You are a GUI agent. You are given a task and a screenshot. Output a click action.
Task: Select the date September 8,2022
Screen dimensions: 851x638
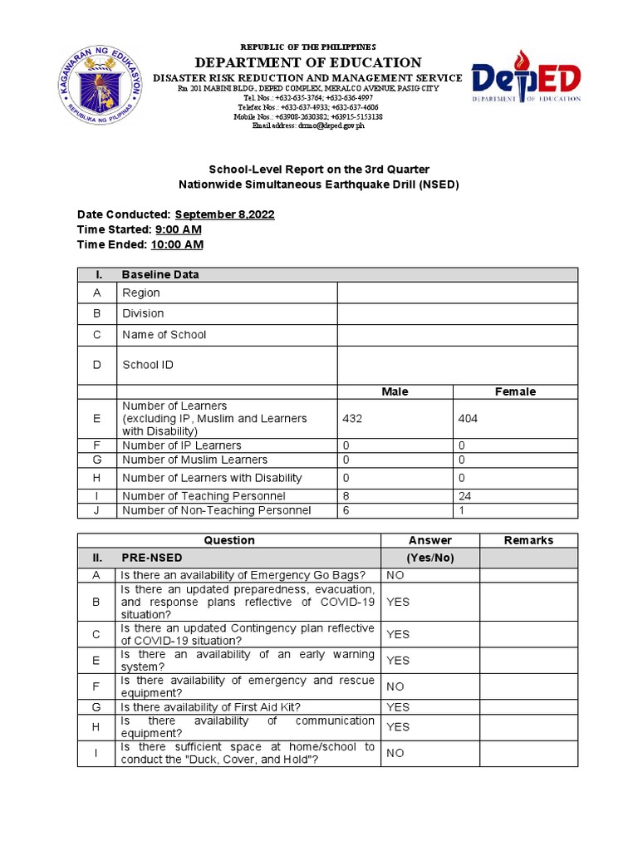pos(224,214)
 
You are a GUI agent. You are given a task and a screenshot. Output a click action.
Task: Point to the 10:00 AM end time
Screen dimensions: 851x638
pos(176,244)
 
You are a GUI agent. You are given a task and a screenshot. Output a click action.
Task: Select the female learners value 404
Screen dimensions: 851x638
pos(468,419)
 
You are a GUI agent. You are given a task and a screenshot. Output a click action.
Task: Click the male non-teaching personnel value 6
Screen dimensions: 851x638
pos(346,510)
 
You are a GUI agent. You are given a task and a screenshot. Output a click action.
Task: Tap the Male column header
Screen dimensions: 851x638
pos(395,391)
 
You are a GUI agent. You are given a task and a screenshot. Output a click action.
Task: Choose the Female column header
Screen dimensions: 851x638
pos(515,391)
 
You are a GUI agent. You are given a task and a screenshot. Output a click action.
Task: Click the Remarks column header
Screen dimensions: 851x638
pos(528,540)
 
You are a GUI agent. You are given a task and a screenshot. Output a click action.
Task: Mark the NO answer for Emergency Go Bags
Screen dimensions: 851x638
pos(395,575)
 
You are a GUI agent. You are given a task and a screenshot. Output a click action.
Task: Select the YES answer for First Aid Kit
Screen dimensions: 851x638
pos(398,707)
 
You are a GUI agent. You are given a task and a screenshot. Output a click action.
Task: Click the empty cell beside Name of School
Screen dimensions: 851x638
pos(456,335)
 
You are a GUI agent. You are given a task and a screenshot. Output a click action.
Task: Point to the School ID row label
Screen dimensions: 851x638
pos(148,365)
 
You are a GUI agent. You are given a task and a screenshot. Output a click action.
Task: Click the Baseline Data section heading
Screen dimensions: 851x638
pos(160,274)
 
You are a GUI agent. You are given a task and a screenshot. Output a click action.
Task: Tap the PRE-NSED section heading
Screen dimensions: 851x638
pos(152,558)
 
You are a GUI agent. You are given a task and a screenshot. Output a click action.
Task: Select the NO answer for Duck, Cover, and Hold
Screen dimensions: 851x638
pos(395,753)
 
